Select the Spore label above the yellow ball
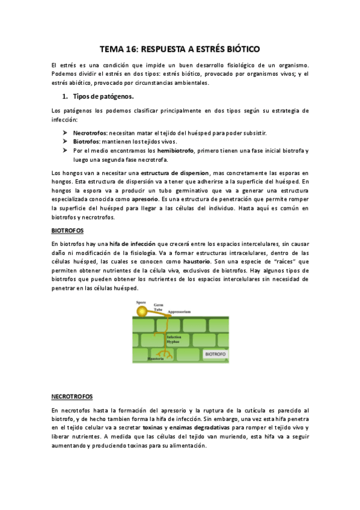[141, 302]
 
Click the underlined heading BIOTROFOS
[67, 230]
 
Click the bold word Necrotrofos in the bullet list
[90, 132]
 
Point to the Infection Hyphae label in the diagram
[173, 339]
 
